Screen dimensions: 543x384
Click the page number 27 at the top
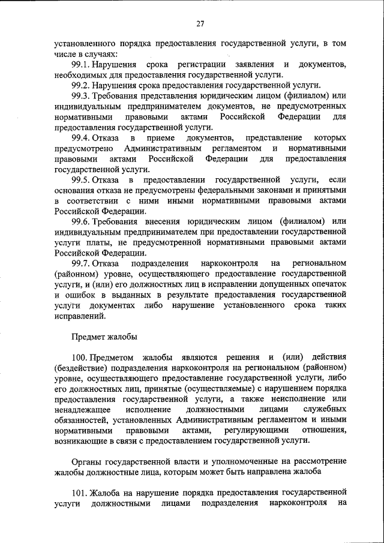(x=200, y=23)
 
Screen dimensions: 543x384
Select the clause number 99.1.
(x=80, y=64)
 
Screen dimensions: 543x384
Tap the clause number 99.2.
(x=80, y=85)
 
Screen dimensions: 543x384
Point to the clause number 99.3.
(x=80, y=96)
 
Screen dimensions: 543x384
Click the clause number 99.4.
(x=80, y=139)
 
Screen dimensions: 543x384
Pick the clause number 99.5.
(x=80, y=180)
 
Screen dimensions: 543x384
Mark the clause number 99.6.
(x=80, y=221)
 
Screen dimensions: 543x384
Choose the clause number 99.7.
(x=80, y=263)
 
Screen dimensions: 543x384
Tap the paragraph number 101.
(x=80, y=492)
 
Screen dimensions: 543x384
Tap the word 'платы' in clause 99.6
(x=98, y=242)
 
